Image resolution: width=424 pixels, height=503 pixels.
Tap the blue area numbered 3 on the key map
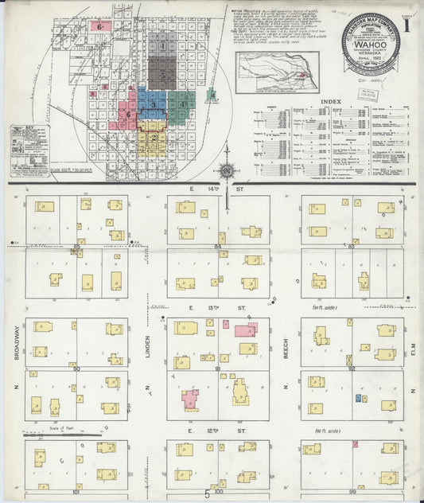152,105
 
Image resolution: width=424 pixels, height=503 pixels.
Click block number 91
218,368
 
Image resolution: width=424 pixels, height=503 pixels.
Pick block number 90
77,368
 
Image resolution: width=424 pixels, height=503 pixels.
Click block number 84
217,247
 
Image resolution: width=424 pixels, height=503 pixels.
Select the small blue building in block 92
359,397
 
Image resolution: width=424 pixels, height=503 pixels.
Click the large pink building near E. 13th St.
245,329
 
